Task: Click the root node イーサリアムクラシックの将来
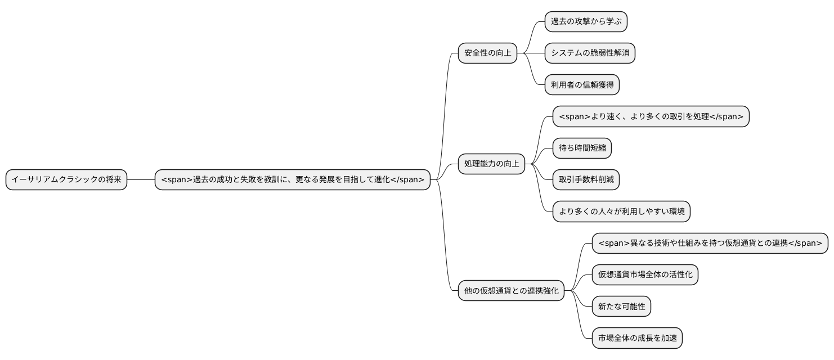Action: coord(66,179)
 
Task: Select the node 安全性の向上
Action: coord(487,53)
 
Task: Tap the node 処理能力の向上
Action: coord(491,164)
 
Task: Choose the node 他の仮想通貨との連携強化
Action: coord(511,291)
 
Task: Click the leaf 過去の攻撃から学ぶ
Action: coord(586,22)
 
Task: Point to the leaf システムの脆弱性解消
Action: coord(590,53)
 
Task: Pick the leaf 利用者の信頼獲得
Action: coord(582,85)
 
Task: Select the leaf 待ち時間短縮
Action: coord(582,148)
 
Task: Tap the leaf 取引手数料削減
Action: coord(586,180)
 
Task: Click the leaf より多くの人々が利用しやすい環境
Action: coord(621,211)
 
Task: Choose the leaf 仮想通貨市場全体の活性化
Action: coord(645,275)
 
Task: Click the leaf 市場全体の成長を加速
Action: coord(637,338)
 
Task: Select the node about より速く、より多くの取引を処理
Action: coord(651,117)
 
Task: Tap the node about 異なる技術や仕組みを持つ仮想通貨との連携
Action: coord(710,244)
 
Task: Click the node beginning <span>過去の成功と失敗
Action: coord(293,179)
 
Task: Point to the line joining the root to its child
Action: coord(141,179)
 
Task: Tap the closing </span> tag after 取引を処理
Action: coord(726,117)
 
